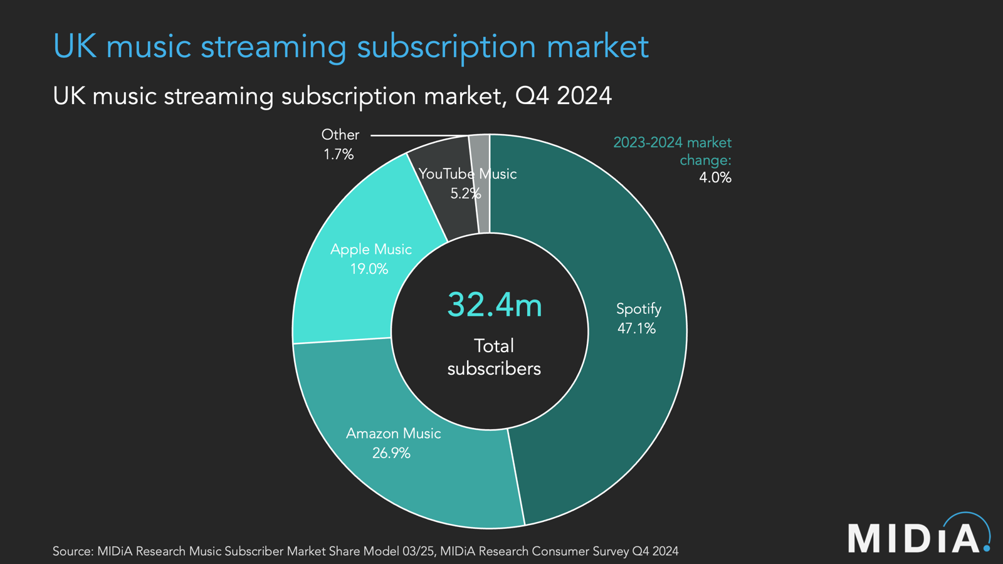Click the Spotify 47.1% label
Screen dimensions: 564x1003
pyautogui.click(x=638, y=318)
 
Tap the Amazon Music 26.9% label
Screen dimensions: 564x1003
pyautogui.click(x=393, y=443)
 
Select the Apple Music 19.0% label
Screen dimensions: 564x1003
pyautogui.click(x=370, y=259)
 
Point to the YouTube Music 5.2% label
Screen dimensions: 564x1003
pyautogui.click(x=466, y=183)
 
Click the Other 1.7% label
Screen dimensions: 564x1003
pyautogui.click(x=340, y=144)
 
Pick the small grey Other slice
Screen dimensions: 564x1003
pyautogui.click(x=481, y=182)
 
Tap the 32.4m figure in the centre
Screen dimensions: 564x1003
pyautogui.click(x=494, y=305)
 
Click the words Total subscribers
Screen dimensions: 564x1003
pyautogui.click(x=494, y=357)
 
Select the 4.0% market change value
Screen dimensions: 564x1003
pyautogui.click(x=715, y=177)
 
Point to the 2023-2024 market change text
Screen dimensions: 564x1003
pyautogui.click(x=673, y=151)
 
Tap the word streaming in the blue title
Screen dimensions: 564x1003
pyautogui.click(x=273, y=47)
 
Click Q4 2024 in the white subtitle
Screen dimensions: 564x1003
pyautogui.click(x=563, y=96)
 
